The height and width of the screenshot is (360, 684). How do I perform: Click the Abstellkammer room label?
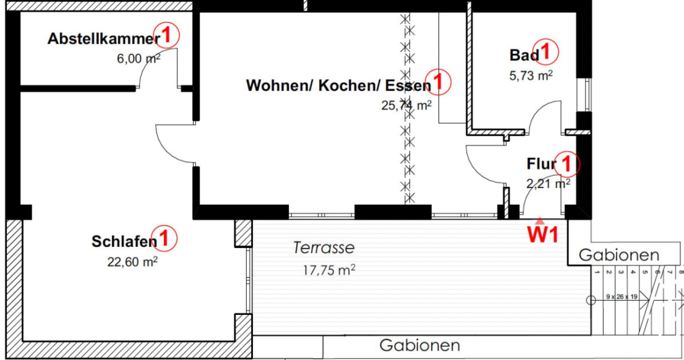(x=103, y=39)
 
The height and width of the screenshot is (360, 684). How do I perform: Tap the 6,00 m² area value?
(x=138, y=58)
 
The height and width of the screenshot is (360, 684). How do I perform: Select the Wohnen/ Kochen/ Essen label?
(x=338, y=85)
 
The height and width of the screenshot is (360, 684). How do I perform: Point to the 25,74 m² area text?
(x=406, y=105)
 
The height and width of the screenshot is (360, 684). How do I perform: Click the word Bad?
(x=524, y=56)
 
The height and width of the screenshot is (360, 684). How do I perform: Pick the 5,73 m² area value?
(x=531, y=76)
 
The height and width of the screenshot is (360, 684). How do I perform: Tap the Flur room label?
(x=541, y=164)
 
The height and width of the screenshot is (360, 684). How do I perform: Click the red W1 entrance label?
(x=542, y=234)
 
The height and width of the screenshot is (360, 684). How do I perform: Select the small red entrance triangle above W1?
(x=539, y=220)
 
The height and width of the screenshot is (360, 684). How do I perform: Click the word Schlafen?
(x=124, y=242)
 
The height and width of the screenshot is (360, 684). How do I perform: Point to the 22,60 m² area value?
(x=132, y=262)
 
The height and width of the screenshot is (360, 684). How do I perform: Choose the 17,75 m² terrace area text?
(x=329, y=271)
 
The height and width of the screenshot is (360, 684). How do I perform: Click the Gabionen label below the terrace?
(x=419, y=346)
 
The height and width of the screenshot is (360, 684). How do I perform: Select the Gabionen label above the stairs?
(x=619, y=255)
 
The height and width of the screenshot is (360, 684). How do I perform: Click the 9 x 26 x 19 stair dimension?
(x=622, y=297)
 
